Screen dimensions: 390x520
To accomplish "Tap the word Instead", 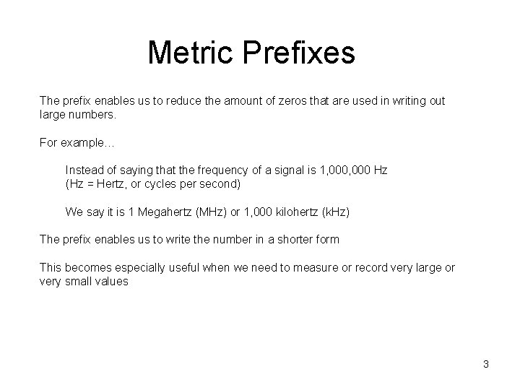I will coord(84,170).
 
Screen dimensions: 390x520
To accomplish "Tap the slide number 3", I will coord(486,364).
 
